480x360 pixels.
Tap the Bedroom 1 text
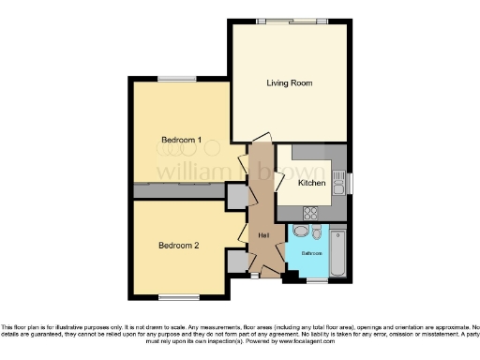click(181, 141)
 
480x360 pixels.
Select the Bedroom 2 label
click(178, 247)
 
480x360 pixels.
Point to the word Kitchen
click(312, 183)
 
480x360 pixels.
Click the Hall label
click(263, 233)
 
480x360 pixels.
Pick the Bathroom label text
click(311, 254)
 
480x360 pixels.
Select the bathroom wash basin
click(316, 232)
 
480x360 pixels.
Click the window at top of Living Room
click(290, 21)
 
